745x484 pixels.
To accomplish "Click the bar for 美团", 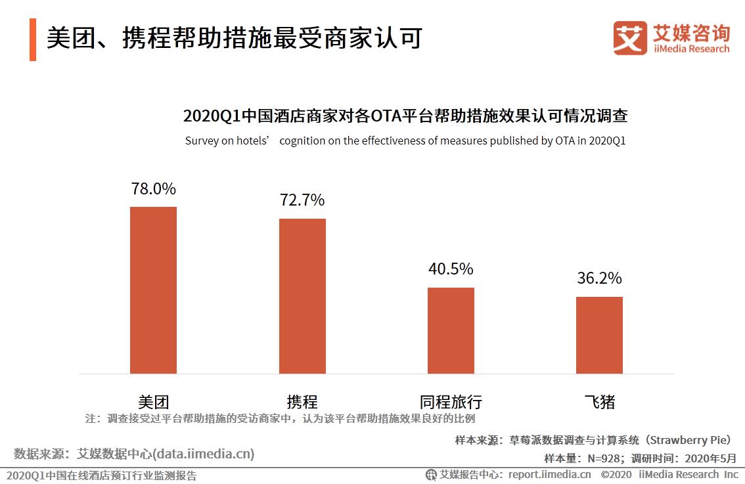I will [153, 290].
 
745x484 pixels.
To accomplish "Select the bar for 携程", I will [302, 296].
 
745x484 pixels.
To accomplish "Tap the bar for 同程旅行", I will [451, 330].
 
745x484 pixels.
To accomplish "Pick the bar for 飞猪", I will [599, 335].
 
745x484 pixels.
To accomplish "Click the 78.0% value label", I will [153, 189].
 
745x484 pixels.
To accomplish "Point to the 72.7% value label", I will [302, 200].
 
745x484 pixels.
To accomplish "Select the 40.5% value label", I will [451, 269].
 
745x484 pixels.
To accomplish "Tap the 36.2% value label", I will [599, 278].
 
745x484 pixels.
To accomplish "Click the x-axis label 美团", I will [153, 401].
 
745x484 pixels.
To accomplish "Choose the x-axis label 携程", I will [302, 401].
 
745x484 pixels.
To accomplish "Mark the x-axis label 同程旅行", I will [451, 401].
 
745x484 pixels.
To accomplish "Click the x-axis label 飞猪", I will [599, 401].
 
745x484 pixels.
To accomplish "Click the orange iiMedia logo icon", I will [630, 38].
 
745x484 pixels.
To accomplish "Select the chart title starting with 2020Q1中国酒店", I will [405, 117].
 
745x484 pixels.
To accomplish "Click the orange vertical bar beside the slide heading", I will [33, 39].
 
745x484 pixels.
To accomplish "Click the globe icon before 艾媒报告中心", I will [431, 475].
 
